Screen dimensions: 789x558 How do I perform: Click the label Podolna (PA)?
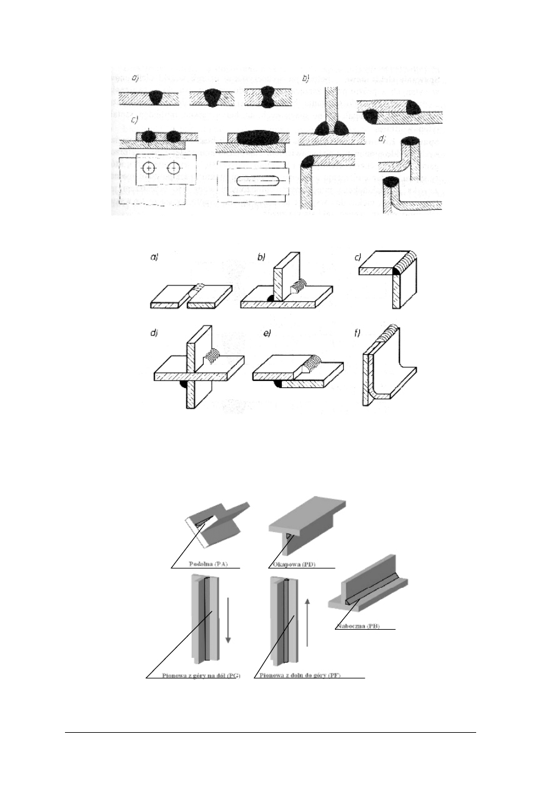(x=209, y=563)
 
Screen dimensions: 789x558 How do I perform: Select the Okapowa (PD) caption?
(x=294, y=563)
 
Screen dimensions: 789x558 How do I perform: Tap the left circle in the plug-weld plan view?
(x=148, y=169)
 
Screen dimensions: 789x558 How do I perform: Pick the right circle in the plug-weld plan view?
(x=173, y=169)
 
